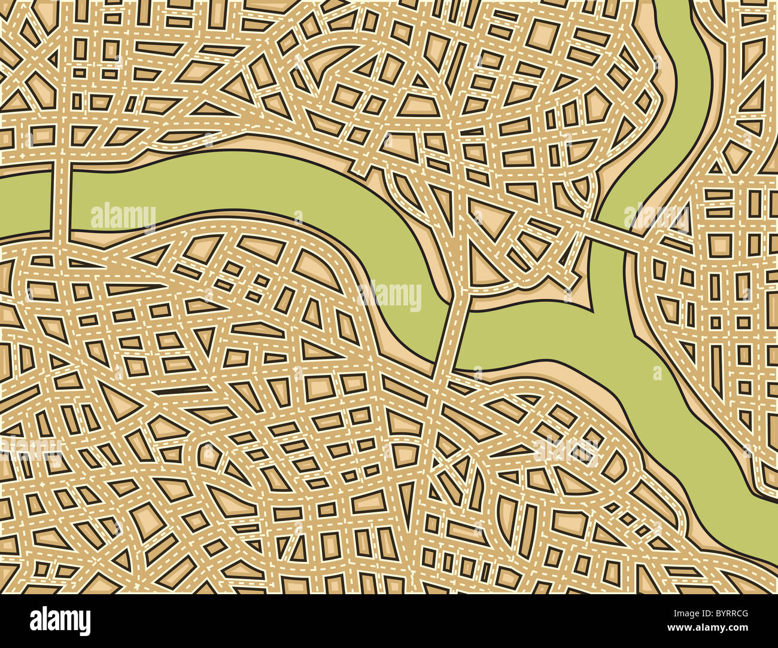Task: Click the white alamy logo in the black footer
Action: click(x=60, y=621)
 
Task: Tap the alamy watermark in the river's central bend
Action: click(x=389, y=295)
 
